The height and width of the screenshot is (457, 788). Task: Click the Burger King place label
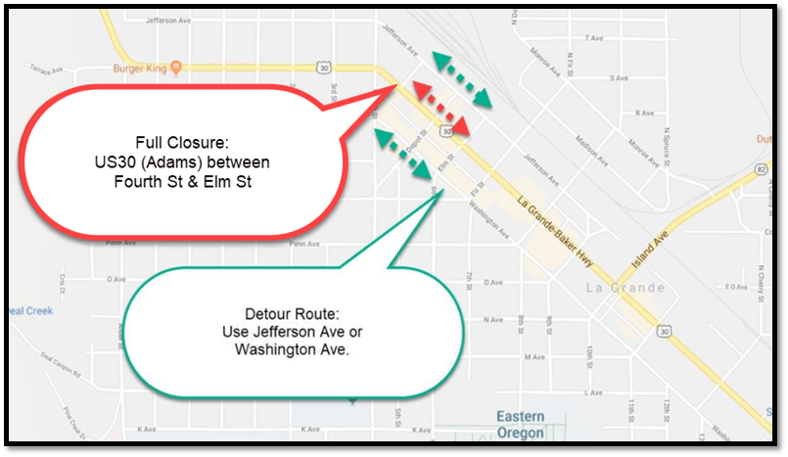(140, 68)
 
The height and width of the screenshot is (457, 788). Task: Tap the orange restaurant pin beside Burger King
(175, 68)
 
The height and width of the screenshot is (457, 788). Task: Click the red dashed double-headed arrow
(438, 108)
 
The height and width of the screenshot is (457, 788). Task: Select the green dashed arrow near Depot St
(403, 154)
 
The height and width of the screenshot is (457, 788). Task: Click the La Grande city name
(625, 288)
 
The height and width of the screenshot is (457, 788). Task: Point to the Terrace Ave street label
(45, 69)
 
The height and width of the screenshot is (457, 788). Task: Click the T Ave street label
(592, 38)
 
